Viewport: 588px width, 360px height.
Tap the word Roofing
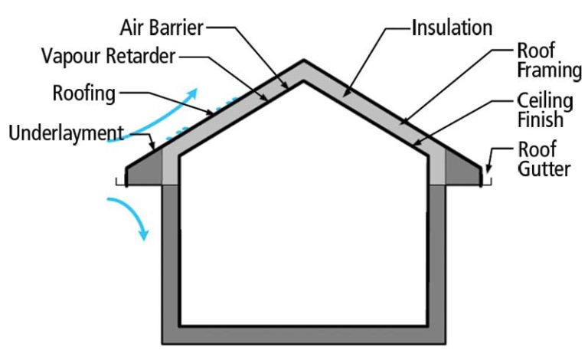(84, 94)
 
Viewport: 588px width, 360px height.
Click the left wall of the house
(171, 260)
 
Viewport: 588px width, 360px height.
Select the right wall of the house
(437, 260)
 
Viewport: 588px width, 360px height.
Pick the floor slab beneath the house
(304, 335)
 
